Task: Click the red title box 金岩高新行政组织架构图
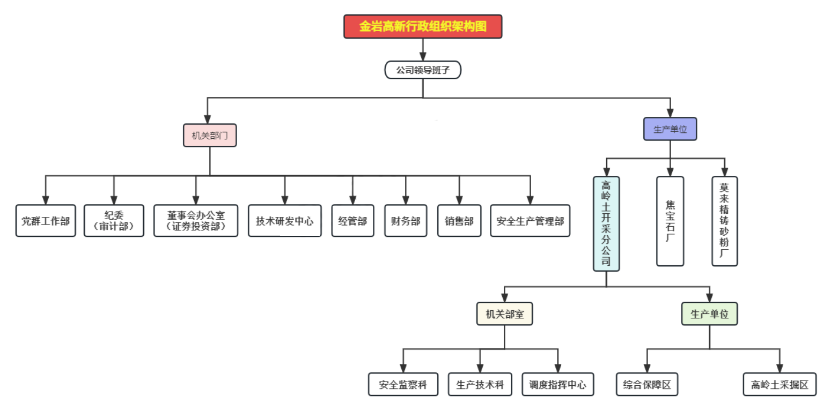[x=423, y=26]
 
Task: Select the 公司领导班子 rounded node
[x=423, y=70]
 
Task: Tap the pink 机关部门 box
[x=210, y=135]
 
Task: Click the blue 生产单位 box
[x=670, y=129]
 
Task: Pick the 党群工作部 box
[x=46, y=220]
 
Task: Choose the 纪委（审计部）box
[x=114, y=220]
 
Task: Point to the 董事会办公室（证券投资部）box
[x=196, y=220]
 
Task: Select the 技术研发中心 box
[x=285, y=220]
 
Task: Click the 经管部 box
[x=352, y=220]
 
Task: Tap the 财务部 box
[x=406, y=220]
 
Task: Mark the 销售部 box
[x=459, y=220]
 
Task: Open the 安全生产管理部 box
[x=530, y=220]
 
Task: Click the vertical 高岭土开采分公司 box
[x=606, y=223]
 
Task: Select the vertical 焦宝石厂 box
[x=670, y=221]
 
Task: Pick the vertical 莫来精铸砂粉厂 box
[x=725, y=221]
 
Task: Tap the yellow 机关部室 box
[x=504, y=314]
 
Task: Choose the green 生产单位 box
[x=710, y=314]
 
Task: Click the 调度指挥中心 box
[x=558, y=384]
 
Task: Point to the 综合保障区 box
[x=647, y=384]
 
